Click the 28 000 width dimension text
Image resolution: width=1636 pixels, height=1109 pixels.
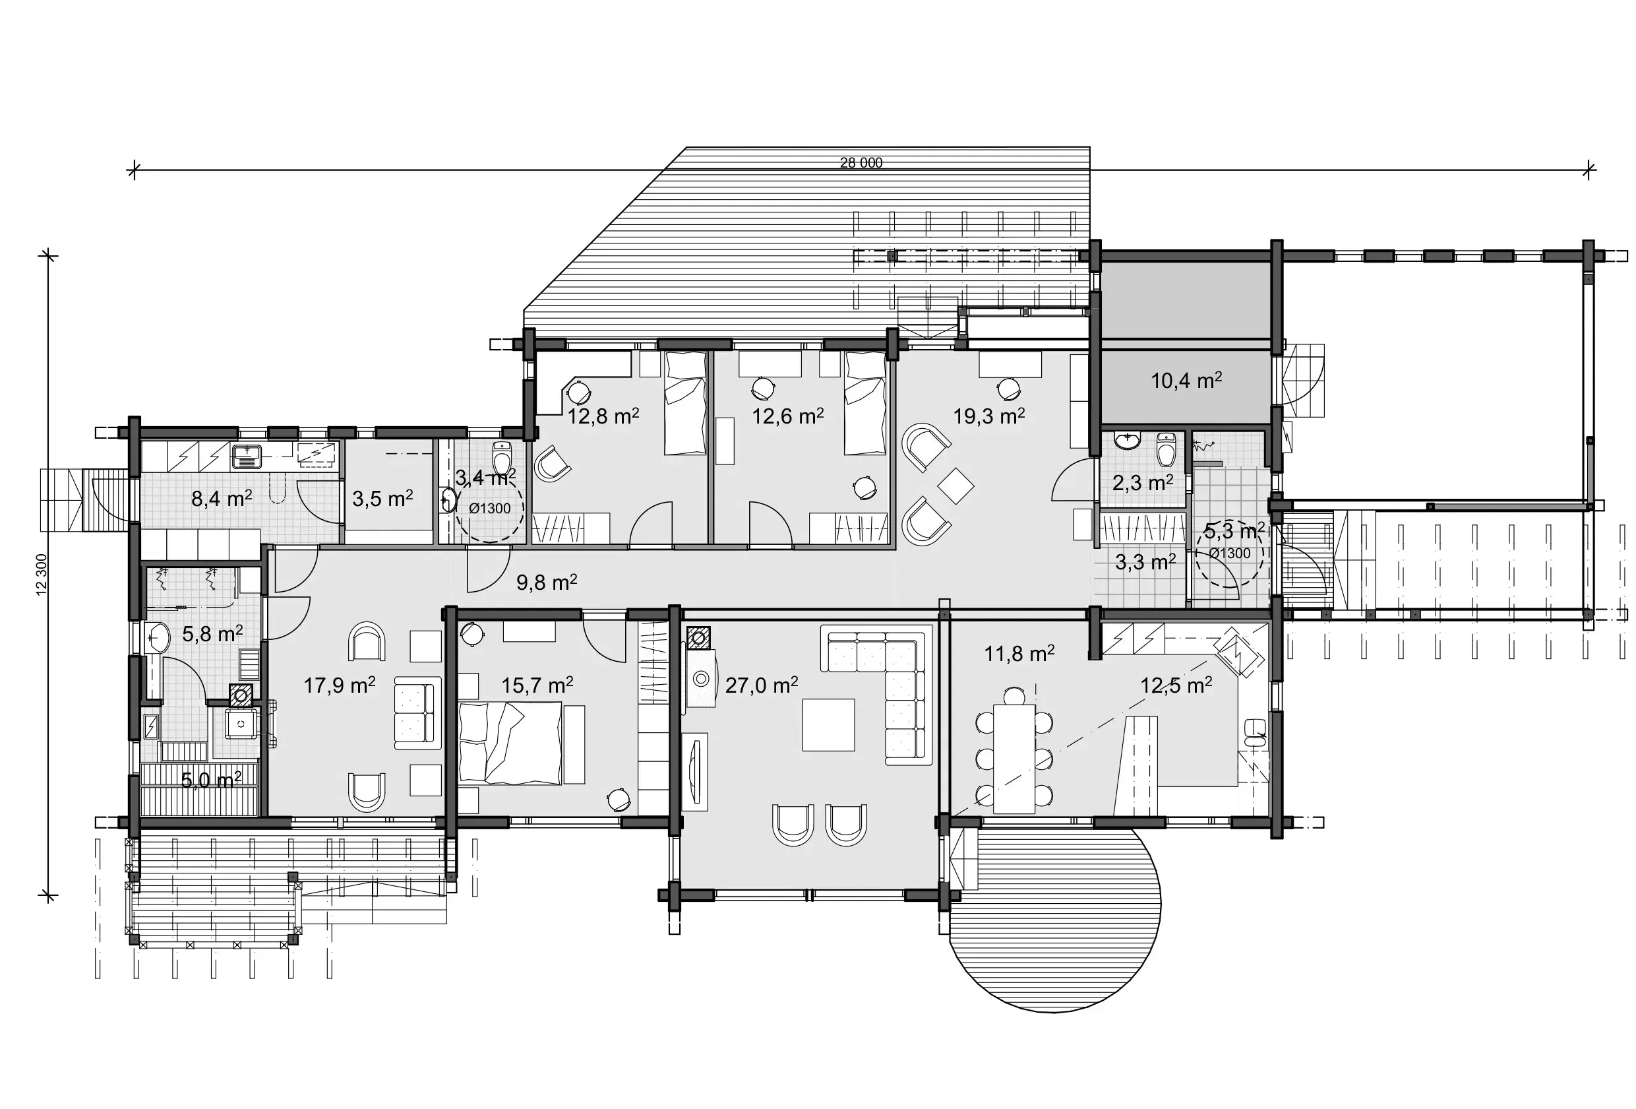861,163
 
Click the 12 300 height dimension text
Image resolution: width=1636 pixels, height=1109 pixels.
41,574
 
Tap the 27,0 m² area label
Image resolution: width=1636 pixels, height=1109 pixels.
761,685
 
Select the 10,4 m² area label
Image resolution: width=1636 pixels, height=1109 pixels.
1186,381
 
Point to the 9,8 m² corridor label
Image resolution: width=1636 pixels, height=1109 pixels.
546,583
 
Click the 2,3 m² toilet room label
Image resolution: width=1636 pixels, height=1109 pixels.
1142,483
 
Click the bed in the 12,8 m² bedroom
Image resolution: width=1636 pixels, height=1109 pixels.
685,404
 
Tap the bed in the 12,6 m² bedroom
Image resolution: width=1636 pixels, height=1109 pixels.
864,404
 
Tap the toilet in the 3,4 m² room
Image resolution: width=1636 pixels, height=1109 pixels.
502,459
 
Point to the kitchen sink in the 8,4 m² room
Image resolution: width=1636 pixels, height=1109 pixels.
247,456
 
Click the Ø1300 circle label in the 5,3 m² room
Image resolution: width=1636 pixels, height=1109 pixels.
1230,554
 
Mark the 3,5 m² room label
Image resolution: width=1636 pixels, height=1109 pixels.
382,499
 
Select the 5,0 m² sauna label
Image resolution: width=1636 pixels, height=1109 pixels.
211,780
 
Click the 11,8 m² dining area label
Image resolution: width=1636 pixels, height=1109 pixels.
1019,654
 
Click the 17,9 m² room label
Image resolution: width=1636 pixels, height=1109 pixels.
338,685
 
